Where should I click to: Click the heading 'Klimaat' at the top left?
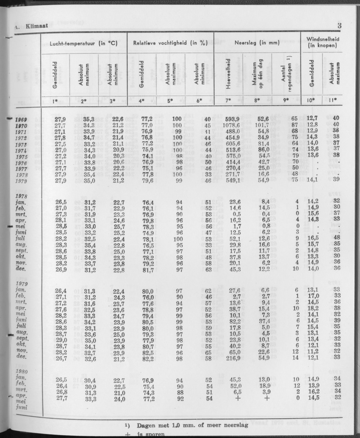click(x=36, y=27)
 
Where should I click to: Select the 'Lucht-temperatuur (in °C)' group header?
click(x=83, y=43)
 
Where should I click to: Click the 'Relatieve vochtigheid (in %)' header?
click(x=170, y=43)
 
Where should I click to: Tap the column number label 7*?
click(x=229, y=101)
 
